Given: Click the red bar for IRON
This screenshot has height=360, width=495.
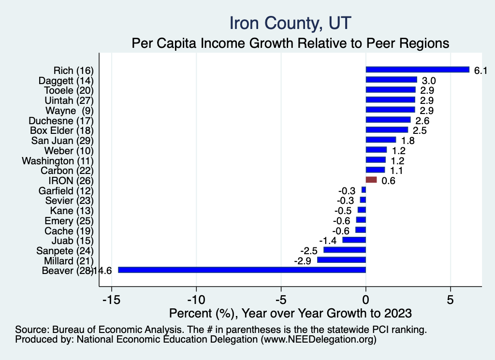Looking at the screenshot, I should tap(371, 180).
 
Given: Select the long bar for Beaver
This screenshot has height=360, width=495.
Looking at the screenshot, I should tap(242, 270).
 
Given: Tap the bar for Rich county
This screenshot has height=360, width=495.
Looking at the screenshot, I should tap(418, 70).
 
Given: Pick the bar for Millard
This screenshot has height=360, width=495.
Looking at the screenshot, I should tap(341, 260).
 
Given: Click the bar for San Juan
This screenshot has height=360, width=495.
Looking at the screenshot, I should tap(381, 140).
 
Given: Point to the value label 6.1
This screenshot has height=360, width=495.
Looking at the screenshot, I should tap(480, 71).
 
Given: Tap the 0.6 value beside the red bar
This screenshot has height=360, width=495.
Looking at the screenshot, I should tap(389, 181).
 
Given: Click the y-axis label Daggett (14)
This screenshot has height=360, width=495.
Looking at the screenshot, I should tap(66, 80).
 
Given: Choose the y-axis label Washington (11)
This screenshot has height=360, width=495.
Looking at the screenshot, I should tap(58, 160).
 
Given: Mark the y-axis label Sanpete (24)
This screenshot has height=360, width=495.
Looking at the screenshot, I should tap(65, 250).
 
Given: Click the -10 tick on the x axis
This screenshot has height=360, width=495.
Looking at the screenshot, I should tap(196, 299).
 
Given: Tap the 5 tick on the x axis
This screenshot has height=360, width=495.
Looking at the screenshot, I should tap(450, 299).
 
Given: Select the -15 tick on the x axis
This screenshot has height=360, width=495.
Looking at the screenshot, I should tap(111, 299).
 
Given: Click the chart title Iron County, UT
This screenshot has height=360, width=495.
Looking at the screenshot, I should tap(290, 23).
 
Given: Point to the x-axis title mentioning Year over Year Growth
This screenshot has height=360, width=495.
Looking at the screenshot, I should tap(290, 313).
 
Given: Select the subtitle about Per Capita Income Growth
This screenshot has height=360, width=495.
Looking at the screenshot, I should tap(291, 43).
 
